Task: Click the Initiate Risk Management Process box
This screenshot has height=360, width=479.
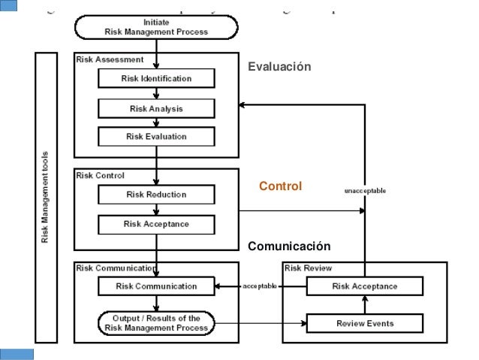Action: coord(155,28)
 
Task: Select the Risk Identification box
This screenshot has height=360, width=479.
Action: coord(156,78)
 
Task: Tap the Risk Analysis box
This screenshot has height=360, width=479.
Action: coord(156,108)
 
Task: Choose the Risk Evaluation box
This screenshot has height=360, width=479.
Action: coord(156,137)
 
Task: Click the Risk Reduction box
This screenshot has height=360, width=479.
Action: coord(156,195)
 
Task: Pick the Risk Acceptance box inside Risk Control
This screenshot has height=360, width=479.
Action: coord(156,224)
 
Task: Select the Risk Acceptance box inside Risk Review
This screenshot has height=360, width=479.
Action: coord(364,286)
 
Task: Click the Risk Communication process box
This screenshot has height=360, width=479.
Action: coord(156,286)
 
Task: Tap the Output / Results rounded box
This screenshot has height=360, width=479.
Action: coord(156,324)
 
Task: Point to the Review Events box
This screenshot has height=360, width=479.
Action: coord(364,324)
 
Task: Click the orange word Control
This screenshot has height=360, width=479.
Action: coord(280,186)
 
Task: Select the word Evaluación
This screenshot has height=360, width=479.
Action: coord(279,68)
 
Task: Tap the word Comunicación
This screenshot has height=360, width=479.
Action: coord(289,247)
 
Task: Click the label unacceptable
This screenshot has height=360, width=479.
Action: coord(365,191)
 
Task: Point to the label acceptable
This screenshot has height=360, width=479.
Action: coord(260,286)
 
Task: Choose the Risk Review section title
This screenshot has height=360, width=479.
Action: coord(308,268)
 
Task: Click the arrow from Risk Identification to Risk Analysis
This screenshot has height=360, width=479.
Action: coord(156,93)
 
